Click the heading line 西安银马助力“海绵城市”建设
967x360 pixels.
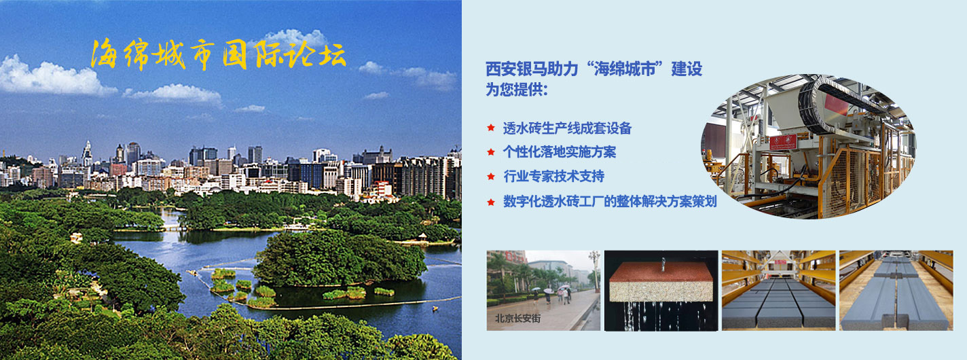[x=594, y=69]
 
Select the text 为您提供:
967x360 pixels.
[x=517, y=90]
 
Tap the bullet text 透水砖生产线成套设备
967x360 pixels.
[x=567, y=128]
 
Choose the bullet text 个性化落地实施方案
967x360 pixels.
[x=559, y=152]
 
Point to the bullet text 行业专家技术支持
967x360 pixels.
[x=553, y=177]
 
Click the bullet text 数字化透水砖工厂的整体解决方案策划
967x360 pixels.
[x=609, y=201]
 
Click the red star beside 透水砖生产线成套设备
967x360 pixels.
[x=490, y=128]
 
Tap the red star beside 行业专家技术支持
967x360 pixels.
[x=490, y=177]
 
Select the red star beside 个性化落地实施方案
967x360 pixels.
[x=490, y=152]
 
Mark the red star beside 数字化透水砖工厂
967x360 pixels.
[x=490, y=201]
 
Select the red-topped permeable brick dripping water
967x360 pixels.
[x=661, y=282]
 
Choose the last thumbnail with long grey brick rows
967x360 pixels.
[x=895, y=291]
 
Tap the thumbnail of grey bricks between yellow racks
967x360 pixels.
[x=778, y=291]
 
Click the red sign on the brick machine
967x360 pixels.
[x=782, y=142]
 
